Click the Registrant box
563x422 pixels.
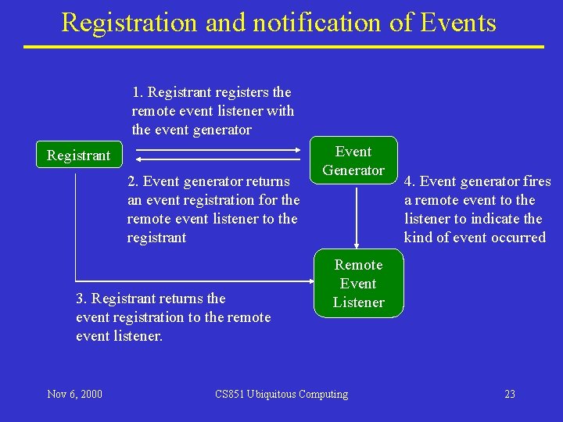78,156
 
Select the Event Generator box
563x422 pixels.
354,161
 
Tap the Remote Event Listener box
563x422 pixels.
358,284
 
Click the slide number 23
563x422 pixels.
510,394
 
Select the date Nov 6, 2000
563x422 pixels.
74,394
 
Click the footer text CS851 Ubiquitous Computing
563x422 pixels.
281,394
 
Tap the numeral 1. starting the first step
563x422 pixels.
137,93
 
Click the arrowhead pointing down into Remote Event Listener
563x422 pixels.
357,244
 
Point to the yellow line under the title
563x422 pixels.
283,47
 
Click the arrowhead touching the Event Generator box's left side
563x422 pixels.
307,149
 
